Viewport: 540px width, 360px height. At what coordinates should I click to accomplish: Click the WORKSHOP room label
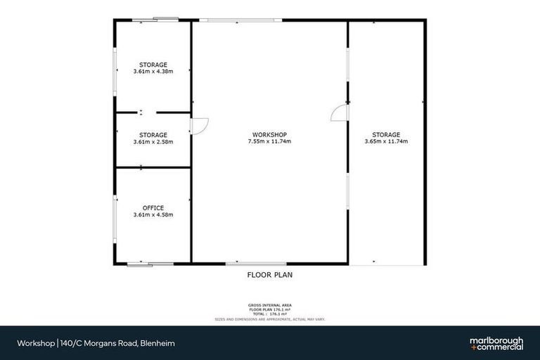(269, 134)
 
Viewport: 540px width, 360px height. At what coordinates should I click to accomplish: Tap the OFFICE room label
(153, 207)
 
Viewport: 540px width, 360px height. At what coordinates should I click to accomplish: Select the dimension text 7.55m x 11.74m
(269, 141)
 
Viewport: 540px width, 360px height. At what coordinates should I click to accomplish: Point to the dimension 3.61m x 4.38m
(153, 71)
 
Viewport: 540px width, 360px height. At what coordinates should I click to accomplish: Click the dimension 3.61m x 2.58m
(153, 141)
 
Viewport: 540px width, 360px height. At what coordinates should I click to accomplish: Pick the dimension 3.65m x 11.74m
(386, 141)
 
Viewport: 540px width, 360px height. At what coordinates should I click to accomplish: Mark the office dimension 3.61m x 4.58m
(153, 214)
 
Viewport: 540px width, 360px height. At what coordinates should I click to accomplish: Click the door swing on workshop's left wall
(199, 124)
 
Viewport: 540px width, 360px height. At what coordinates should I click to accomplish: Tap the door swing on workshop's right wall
(339, 112)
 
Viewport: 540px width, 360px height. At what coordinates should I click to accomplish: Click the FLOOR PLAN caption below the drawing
(269, 275)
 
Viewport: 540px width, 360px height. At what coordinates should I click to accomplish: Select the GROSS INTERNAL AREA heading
(269, 305)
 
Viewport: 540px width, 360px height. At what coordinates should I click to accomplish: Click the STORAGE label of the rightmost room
(386, 134)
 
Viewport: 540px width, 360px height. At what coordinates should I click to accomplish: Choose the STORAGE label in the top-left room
(153, 64)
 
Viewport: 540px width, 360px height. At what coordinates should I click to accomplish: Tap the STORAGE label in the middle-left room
(153, 134)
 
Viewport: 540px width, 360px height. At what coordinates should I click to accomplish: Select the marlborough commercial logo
(496, 343)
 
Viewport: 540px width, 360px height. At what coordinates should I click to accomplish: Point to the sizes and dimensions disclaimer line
(269, 319)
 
